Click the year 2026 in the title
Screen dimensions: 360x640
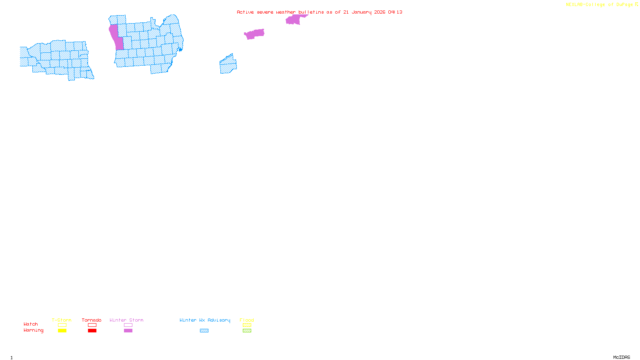(380, 12)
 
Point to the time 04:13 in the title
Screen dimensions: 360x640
(395, 12)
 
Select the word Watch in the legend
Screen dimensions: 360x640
(31, 324)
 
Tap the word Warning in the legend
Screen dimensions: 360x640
(34, 330)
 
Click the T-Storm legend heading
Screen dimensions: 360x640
(62, 320)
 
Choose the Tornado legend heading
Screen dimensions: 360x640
(92, 320)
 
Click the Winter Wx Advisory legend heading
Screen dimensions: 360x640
(205, 320)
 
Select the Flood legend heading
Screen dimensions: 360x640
(247, 320)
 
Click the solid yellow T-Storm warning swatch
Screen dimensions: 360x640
(62, 331)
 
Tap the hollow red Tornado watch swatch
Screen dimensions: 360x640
(92, 325)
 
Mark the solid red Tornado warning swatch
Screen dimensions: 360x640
(92, 331)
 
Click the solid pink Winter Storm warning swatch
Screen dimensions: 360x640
(128, 331)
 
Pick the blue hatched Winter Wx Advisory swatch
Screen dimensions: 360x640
(204, 331)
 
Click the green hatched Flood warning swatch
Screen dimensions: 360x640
(247, 331)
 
